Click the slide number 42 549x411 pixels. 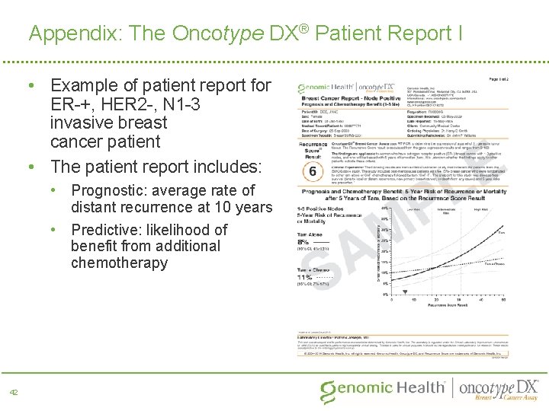tap(14, 391)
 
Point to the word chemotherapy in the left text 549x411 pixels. tap(119, 263)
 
